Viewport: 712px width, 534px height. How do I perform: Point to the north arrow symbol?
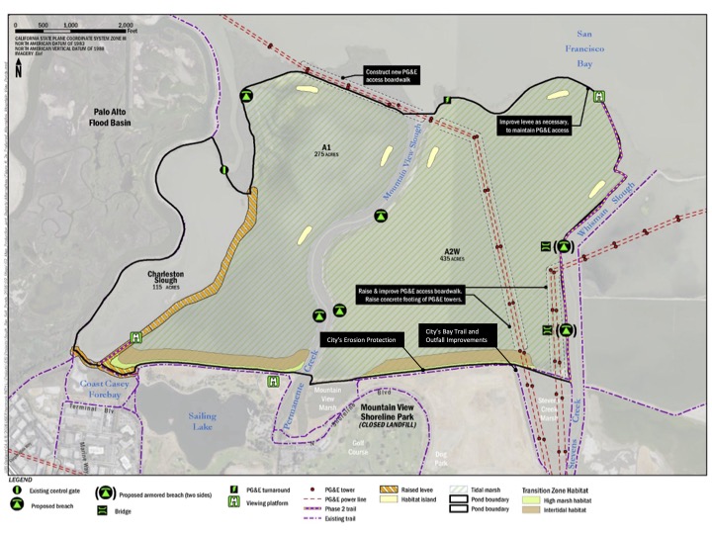pyautogui.click(x=19, y=69)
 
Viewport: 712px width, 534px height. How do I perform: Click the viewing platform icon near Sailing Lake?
pyautogui.click(x=274, y=379)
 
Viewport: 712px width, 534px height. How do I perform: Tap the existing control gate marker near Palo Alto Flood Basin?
pyautogui.click(x=224, y=170)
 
